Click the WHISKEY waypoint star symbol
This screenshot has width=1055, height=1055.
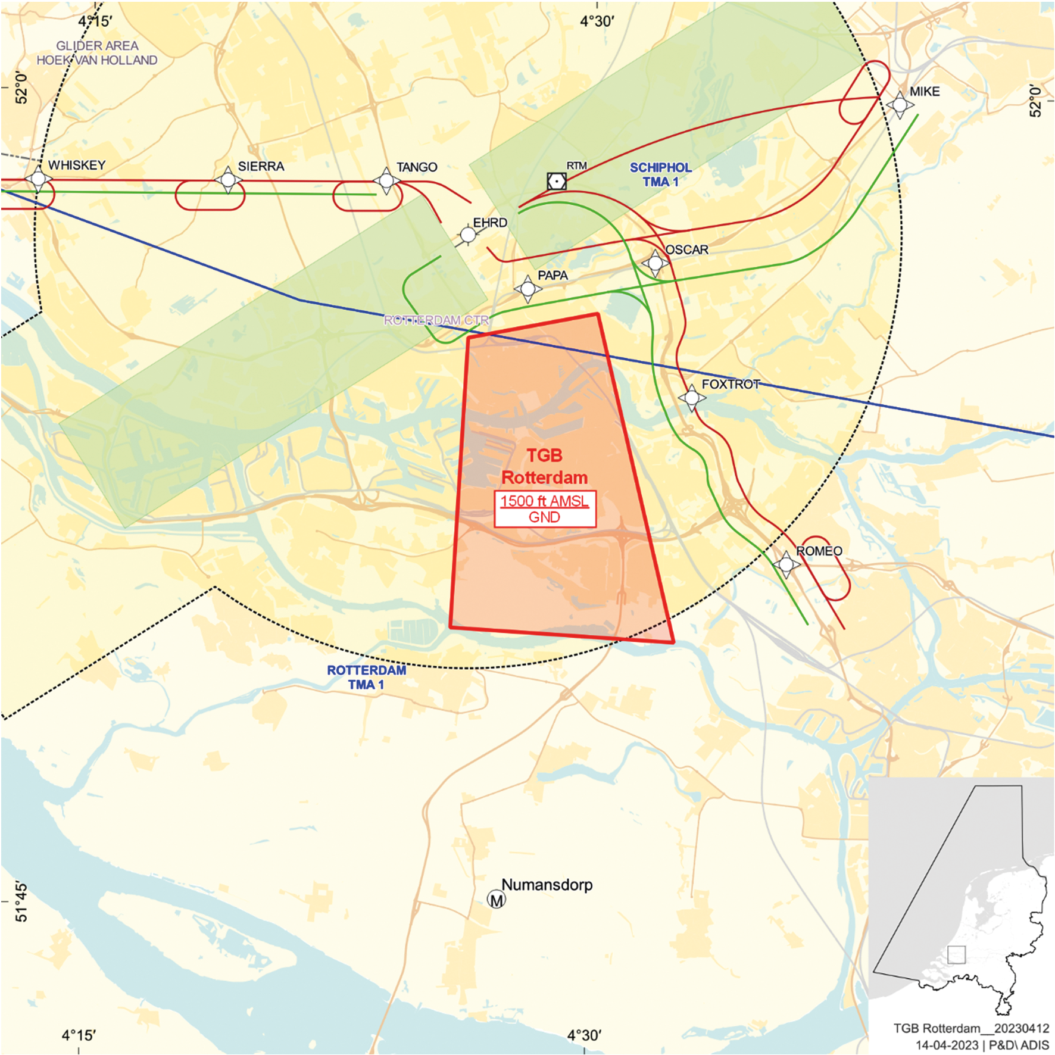pos(38,178)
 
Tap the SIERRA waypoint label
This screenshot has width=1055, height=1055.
pos(261,167)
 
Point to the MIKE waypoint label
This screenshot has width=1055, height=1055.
pos(924,92)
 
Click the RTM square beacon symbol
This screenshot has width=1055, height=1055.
pos(557,181)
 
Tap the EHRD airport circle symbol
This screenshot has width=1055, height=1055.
pos(469,235)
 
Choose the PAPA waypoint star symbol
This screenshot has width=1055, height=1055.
pos(527,289)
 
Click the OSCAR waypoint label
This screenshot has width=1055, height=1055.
pos(686,250)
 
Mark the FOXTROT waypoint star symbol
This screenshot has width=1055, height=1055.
pos(692,397)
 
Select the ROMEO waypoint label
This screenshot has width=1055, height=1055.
pos(819,551)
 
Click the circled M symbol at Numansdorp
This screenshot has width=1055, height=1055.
pos(497,900)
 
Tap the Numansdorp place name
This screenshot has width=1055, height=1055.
pos(547,885)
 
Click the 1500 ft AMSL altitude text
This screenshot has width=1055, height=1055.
pos(544,501)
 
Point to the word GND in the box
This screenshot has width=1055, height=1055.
pos(544,517)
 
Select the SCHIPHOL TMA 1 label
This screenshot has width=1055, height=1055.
pos(660,174)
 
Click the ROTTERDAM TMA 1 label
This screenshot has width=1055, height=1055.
pos(366,678)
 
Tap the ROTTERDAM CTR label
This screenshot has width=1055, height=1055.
pos(436,320)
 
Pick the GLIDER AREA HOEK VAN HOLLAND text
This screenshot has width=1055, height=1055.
pos(97,53)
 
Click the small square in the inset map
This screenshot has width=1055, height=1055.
pos(956,954)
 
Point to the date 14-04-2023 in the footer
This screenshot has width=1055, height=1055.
pos(947,1045)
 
